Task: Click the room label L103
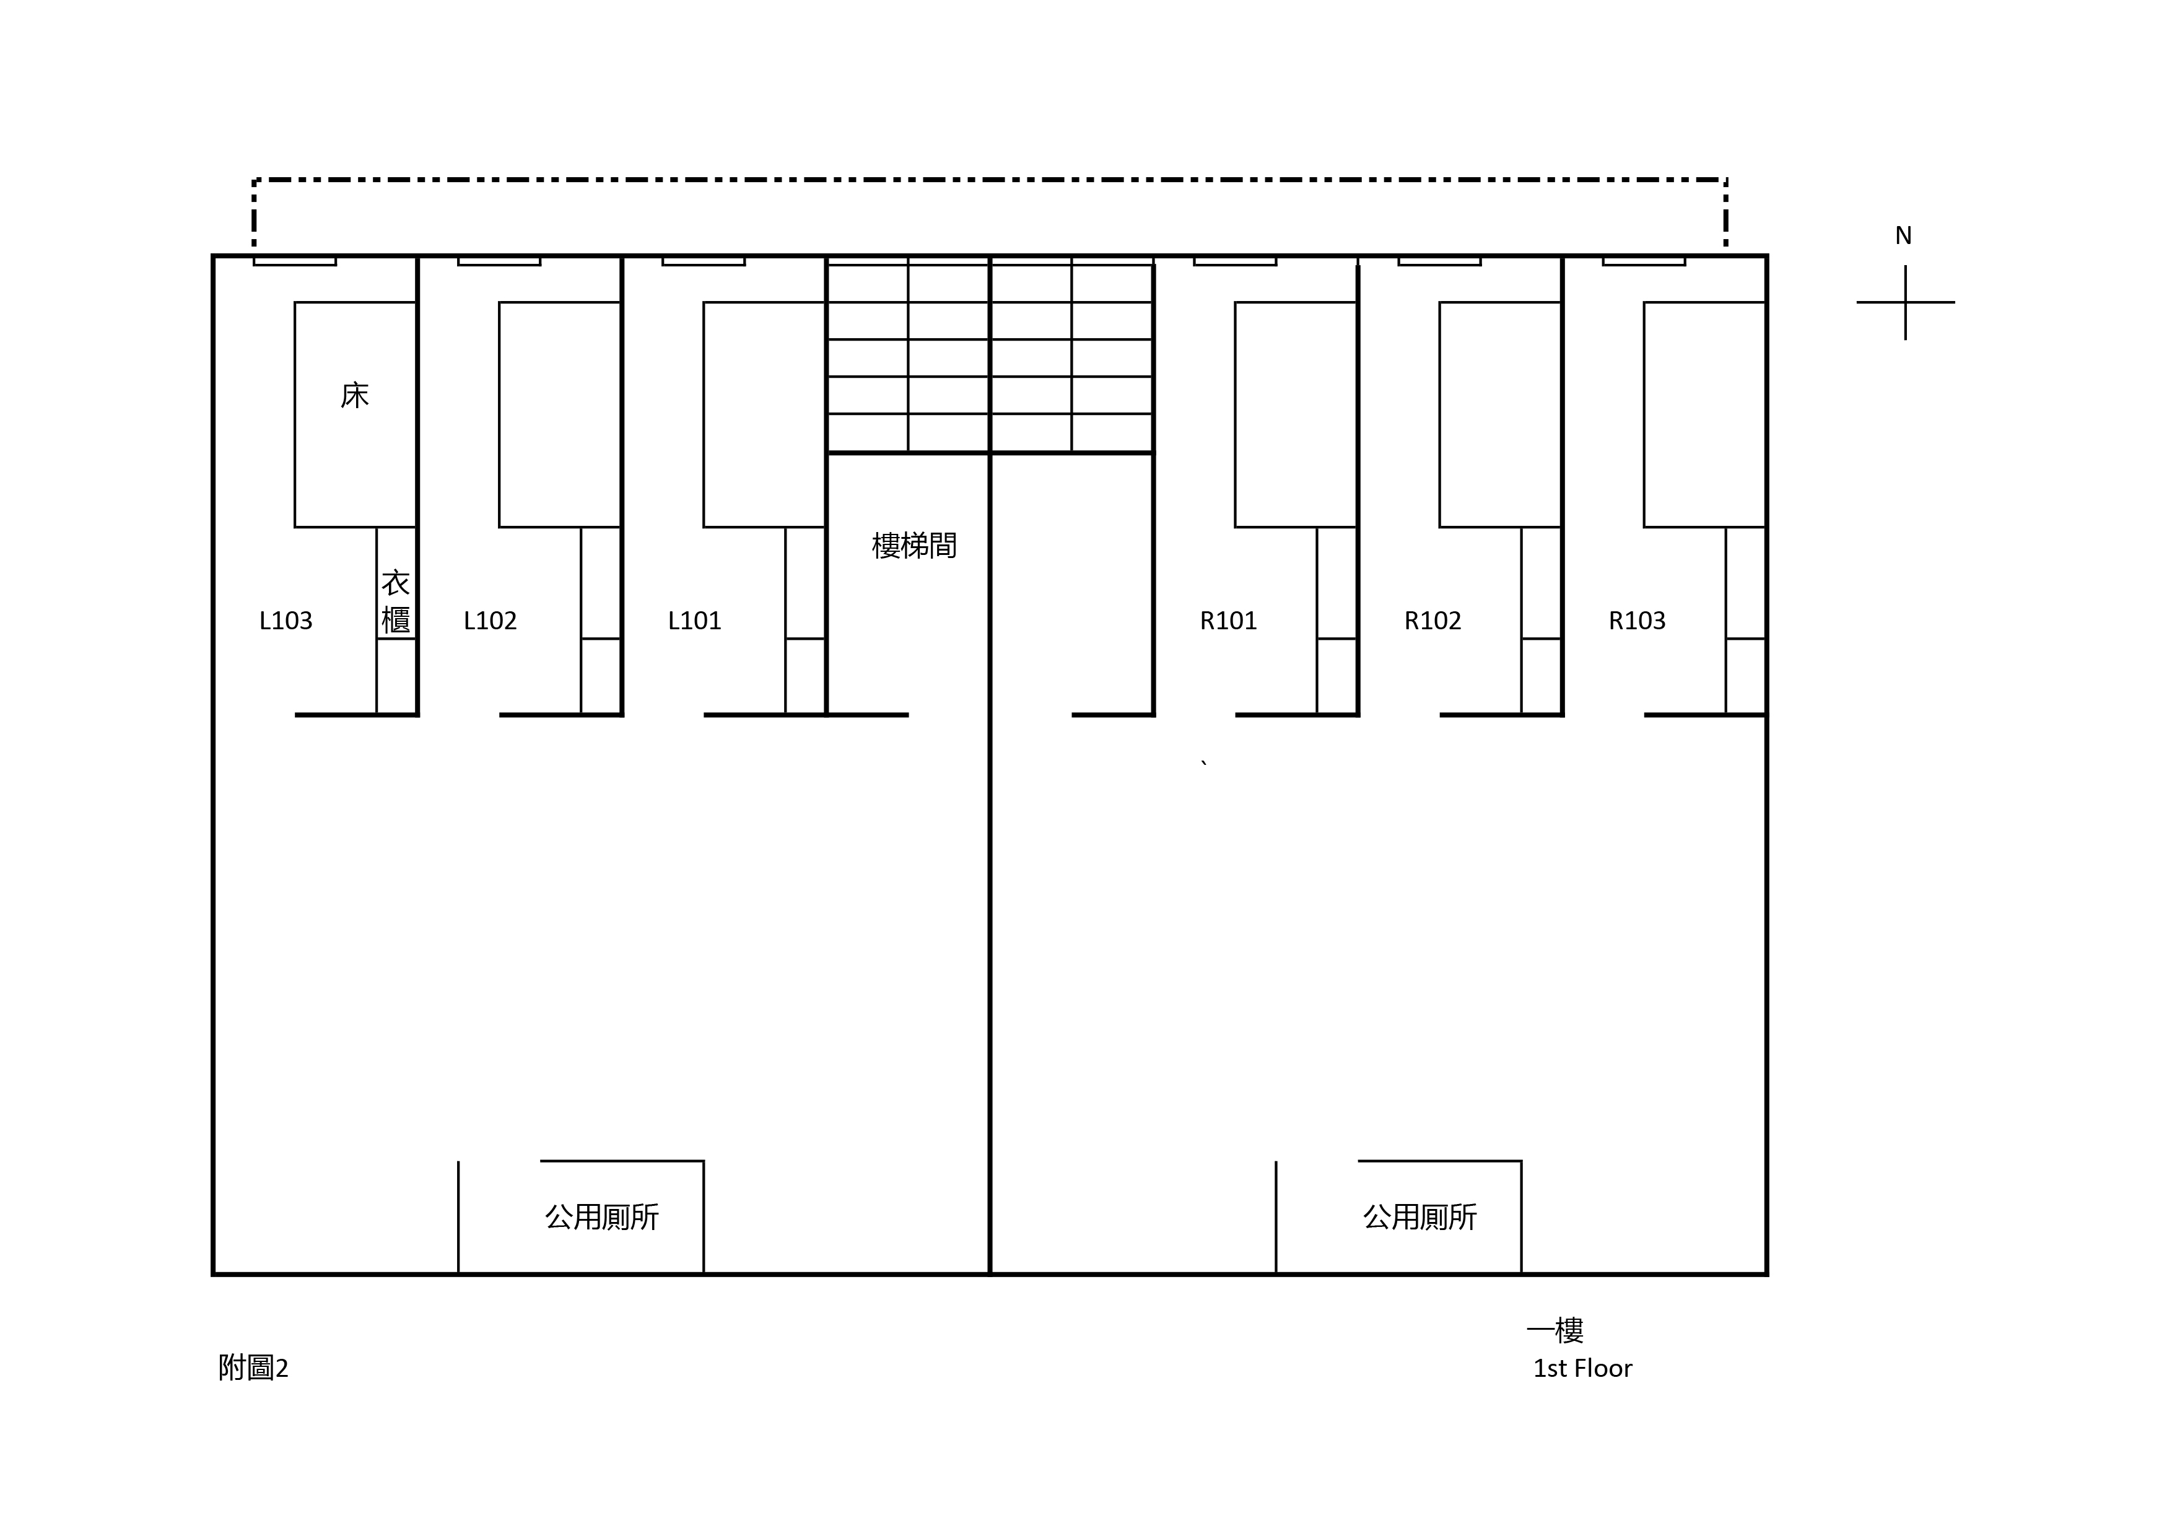click(286, 621)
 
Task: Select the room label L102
click(490, 621)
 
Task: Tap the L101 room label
click(694, 621)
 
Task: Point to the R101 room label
click(1228, 621)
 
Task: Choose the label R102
click(1433, 621)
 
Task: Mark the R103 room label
click(1636, 621)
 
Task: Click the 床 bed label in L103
click(355, 395)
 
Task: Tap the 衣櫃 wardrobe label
click(395, 601)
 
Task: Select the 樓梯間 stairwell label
click(914, 546)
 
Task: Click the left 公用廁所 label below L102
click(601, 1216)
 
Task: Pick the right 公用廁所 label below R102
click(1420, 1216)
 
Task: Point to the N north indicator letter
click(1903, 235)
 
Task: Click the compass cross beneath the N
click(1905, 303)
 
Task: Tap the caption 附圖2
click(253, 1368)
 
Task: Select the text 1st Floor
click(1582, 1369)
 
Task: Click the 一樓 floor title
click(1555, 1331)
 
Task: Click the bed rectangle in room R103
click(1644, 414)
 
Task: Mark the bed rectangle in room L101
click(704, 414)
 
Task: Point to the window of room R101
click(1234, 261)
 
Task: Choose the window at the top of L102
click(499, 261)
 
